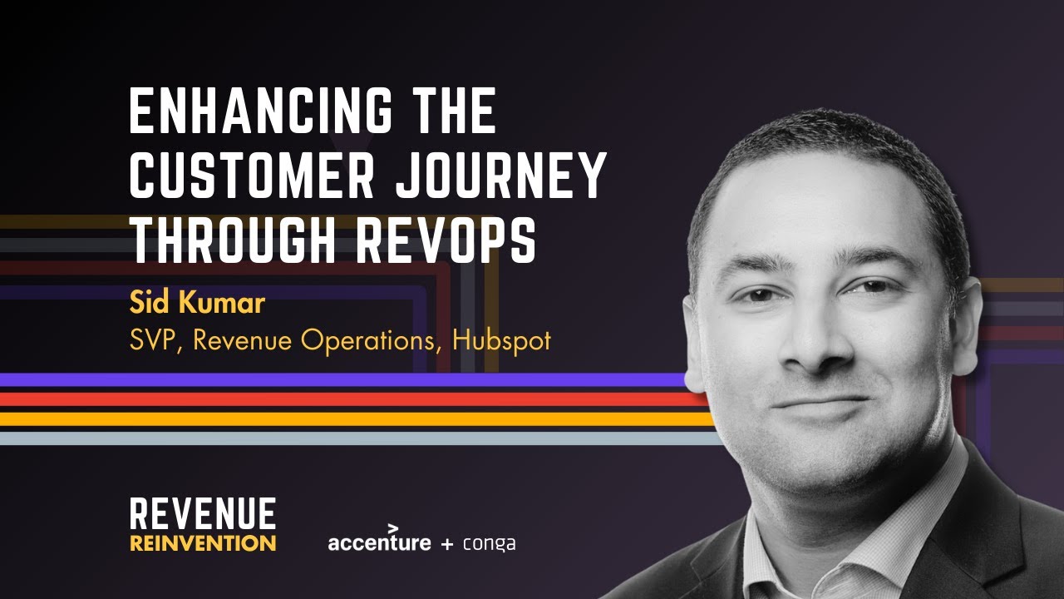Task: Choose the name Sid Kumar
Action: point(197,303)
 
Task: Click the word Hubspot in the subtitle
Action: point(502,340)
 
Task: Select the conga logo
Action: point(490,544)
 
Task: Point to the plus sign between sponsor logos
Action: point(447,544)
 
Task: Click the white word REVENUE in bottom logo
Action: point(203,514)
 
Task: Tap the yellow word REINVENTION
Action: point(203,543)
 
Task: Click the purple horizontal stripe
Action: point(332,380)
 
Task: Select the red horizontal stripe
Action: point(332,399)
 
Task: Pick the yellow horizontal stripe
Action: point(332,418)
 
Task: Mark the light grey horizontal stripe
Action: point(332,438)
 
